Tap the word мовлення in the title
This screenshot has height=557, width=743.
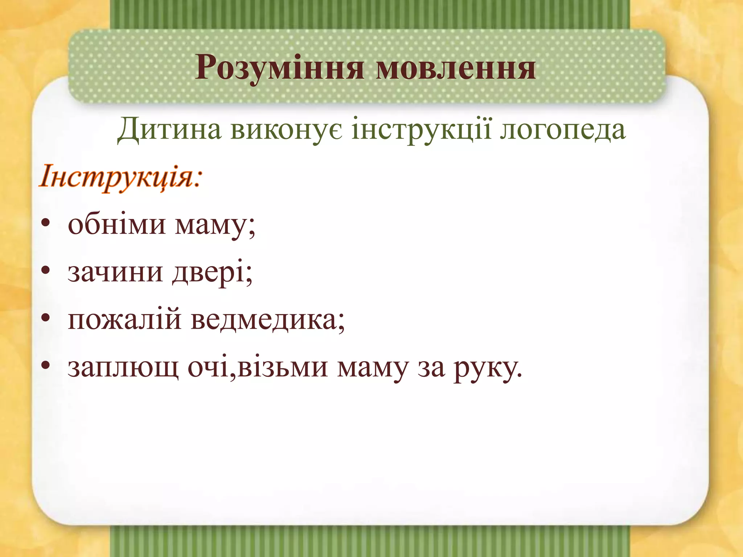[x=456, y=68]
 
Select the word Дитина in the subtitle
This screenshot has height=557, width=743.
[x=169, y=130]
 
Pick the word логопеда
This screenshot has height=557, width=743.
[x=563, y=130]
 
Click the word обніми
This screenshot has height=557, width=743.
[x=116, y=224]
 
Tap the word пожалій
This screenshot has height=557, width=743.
[x=124, y=319]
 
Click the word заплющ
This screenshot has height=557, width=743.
[x=123, y=367]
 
